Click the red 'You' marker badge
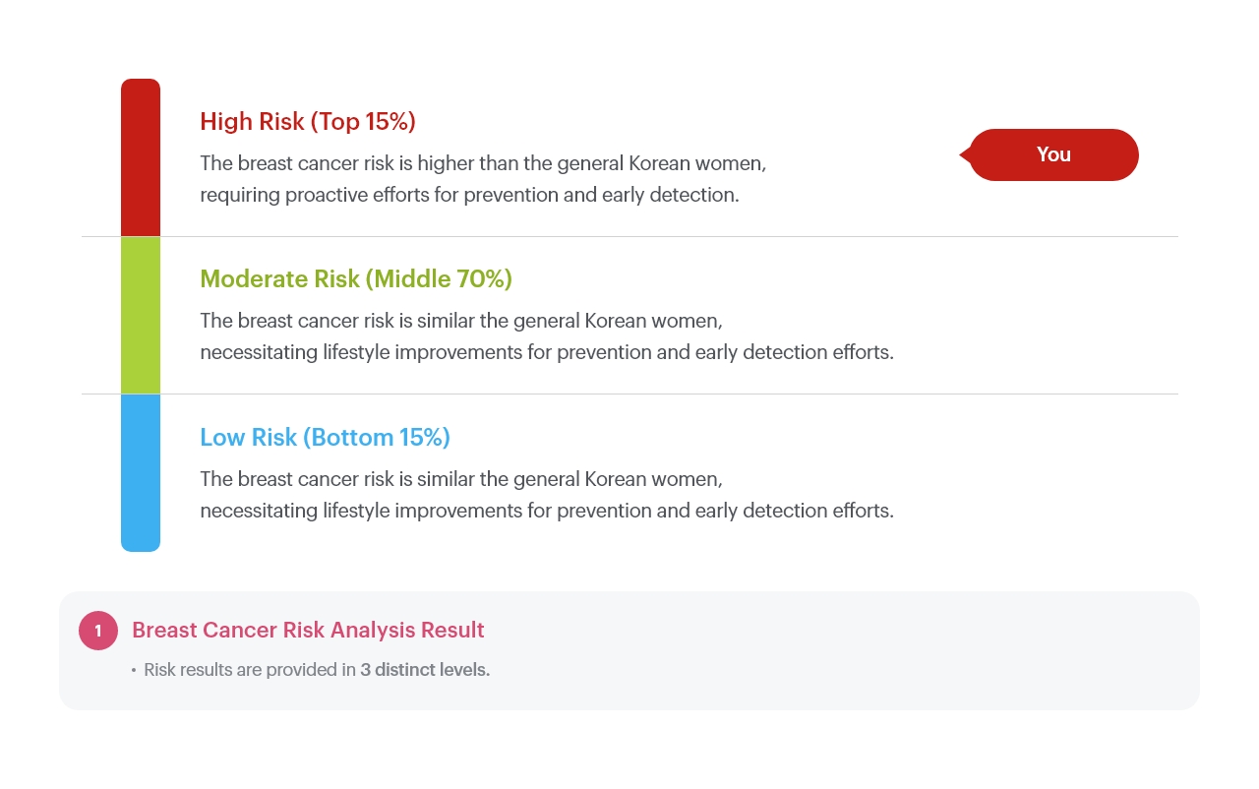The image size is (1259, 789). click(1049, 154)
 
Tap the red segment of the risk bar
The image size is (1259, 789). click(141, 157)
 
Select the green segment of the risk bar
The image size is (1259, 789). click(141, 315)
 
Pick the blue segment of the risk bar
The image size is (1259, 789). click(141, 472)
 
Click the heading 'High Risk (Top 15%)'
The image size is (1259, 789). click(308, 122)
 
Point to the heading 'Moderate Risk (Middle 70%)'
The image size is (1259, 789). click(356, 279)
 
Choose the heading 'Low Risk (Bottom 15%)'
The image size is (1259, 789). click(326, 438)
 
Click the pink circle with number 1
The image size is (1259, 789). click(98, 631)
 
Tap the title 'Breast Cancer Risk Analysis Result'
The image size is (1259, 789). click(308, 630)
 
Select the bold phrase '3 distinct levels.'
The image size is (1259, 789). click(425, 670)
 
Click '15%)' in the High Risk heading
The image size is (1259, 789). click(390, 122)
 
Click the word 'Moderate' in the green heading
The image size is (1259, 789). click(254, 279)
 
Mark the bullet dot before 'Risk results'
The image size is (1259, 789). click(134, 670)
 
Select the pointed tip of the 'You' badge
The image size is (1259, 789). click(960, 154)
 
